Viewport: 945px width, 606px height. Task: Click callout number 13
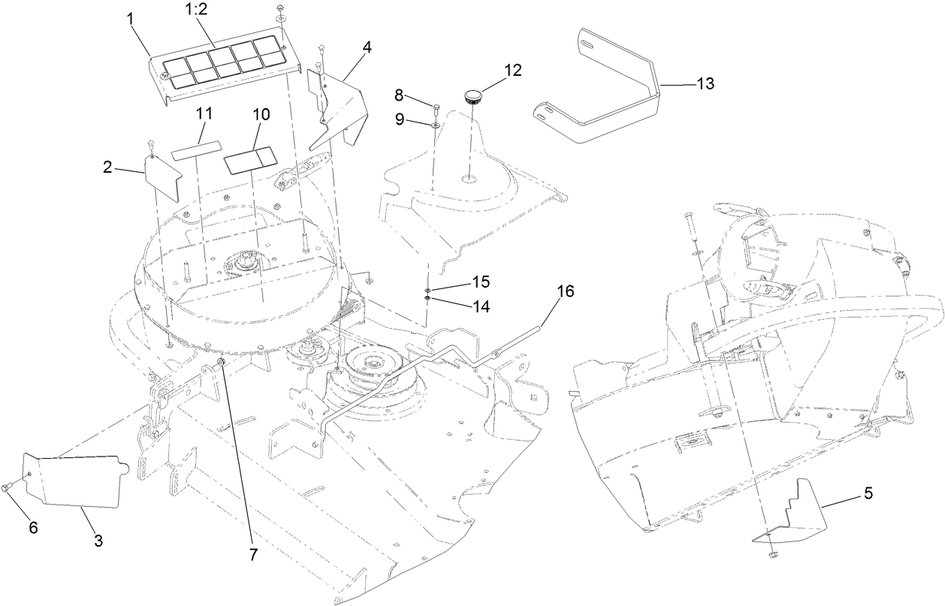point(705,83)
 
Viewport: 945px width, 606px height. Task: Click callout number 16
point(566,291)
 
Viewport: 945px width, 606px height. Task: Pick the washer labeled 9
point(436,122)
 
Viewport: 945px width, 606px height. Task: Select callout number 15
point(481,282)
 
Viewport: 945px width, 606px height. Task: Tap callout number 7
point(252,555)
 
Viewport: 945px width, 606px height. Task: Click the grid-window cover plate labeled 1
point(218,68)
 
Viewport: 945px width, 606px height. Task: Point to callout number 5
point(868,493)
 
